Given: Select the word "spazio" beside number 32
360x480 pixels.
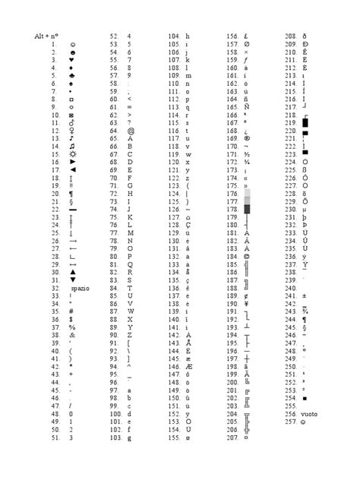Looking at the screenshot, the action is [x=79, y=289].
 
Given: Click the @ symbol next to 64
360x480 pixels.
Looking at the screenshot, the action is [x=131, y=131].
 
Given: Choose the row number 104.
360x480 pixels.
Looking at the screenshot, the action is [x=173, y=36].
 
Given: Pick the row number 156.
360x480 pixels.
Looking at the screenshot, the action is [x=233, y=36].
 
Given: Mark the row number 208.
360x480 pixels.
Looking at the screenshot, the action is [x=290, y=36].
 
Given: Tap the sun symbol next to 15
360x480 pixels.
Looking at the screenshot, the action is [x=71, y=155].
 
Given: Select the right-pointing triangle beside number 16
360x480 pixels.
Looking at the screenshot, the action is [x=71, y=163].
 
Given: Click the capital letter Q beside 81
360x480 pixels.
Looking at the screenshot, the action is [x=130, y=265].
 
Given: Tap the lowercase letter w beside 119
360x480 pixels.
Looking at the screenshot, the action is [x=187, y=155].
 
